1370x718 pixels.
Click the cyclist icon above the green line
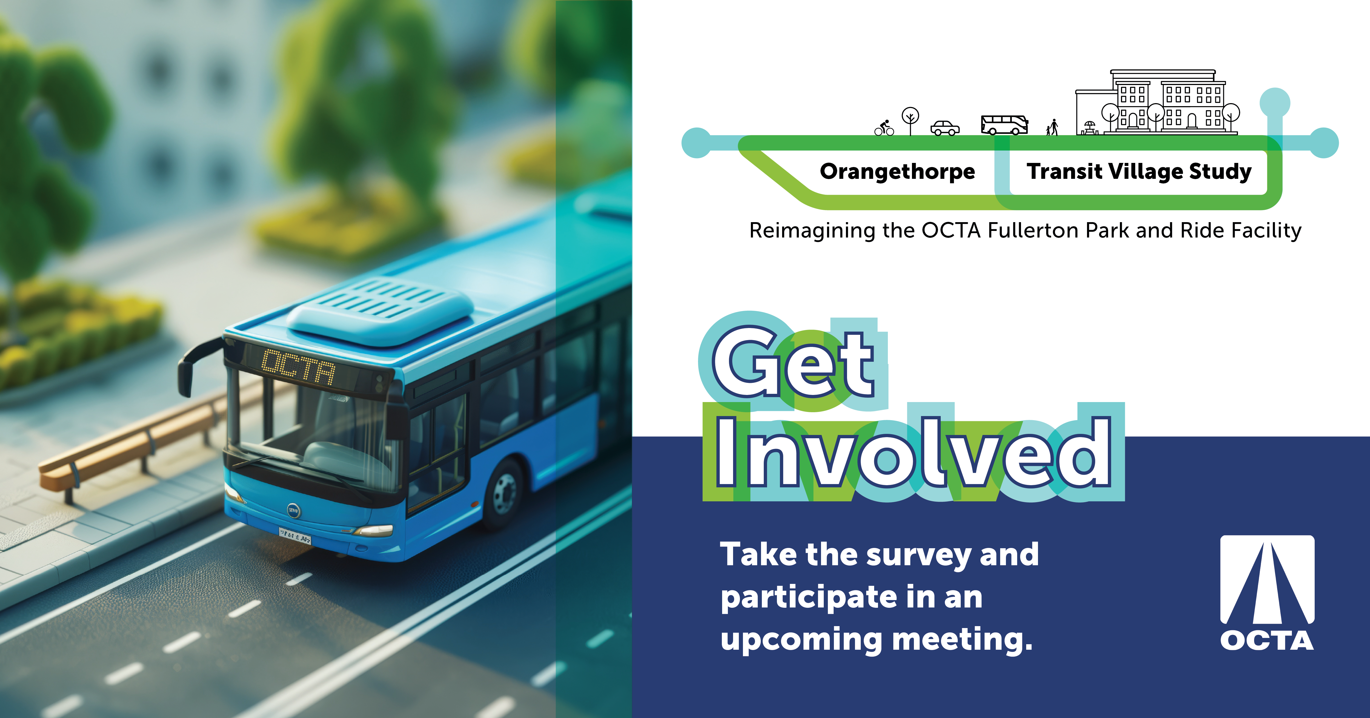tap(885, 128)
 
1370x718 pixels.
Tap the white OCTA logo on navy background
tap(1267, 593)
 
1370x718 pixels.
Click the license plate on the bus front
tap(295, 535)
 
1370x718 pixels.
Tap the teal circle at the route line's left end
tap(697, 143)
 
